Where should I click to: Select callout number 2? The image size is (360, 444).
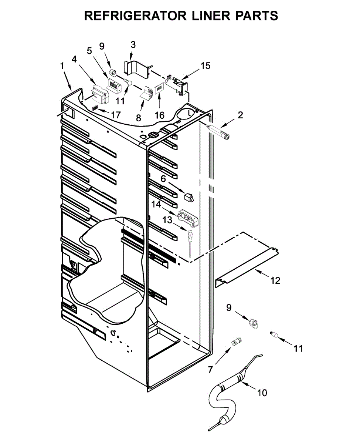[241, 115]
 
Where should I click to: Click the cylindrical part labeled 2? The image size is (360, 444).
[221, 132]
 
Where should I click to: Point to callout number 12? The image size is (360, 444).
[275, 281]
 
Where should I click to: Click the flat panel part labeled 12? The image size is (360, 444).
[247, 262]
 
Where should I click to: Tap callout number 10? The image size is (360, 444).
[262, 393]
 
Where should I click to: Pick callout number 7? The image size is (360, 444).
[211, 369]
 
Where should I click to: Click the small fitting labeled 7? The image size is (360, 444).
[235, 342]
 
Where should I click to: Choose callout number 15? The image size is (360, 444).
[206, 66]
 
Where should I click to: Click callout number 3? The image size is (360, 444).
[133, 45]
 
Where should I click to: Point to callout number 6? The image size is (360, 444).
[163, 179]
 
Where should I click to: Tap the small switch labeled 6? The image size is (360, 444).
[189, 198]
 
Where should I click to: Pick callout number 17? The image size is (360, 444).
[116, 115]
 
